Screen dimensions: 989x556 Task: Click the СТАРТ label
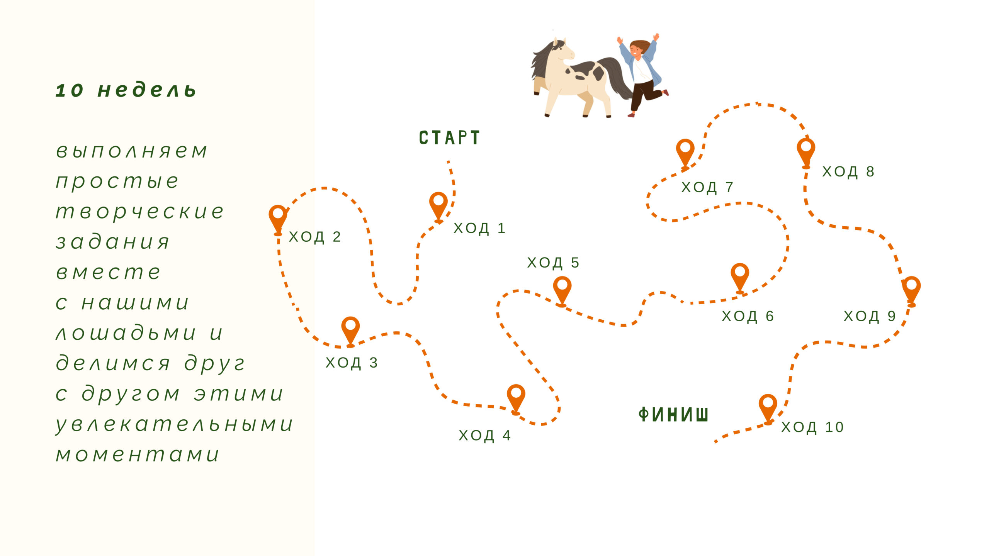(449, 138)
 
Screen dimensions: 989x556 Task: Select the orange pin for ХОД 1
(438, 207)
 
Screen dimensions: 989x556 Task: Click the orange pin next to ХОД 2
(278, 220)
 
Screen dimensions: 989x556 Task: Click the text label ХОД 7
(707, 187)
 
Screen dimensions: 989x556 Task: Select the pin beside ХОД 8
(806, 153)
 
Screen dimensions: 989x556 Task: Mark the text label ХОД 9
(870, 316)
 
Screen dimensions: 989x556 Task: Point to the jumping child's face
(636, 50)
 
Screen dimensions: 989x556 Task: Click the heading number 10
(70, 91)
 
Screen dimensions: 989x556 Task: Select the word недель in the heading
(147, 90)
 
